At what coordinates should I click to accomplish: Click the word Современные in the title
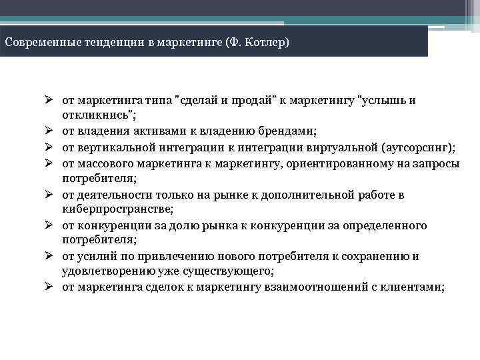pyautogui.click(x=37, y=43)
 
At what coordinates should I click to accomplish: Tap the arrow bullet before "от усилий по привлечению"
pyautogui.click(x=49, y=257)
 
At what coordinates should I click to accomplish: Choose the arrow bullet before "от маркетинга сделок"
pyautogui.click(x=49, y=287)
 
